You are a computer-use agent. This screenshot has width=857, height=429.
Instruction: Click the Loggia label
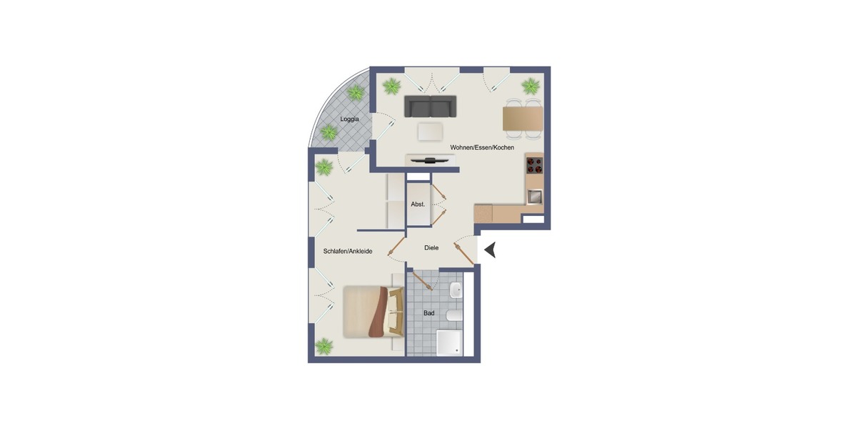[349, 119]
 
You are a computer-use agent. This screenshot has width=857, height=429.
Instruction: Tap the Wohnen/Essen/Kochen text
[482, 147]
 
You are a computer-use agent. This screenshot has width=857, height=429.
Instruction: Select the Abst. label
[418, 204]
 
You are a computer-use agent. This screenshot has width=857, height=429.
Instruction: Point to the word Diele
[431, 247]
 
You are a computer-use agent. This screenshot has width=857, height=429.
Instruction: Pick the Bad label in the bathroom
[428, 313]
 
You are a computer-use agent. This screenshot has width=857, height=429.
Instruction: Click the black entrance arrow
[491, 250]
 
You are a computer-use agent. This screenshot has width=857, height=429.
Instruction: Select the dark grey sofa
[430, 106]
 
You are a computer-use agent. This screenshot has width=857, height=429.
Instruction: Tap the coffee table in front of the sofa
[430, 132]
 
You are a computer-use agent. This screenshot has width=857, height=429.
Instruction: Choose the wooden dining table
[522, 118]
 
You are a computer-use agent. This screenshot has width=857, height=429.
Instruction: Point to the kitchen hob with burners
[534, 166]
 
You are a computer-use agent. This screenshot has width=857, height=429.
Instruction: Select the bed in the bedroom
[373, 311]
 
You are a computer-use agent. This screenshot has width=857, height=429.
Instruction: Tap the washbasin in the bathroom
[456, 290]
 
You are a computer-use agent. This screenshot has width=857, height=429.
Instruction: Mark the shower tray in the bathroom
[450, 342]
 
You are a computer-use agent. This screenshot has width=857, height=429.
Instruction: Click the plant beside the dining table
[530, 87]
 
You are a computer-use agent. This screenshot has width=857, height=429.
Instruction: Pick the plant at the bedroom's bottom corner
[324, 347]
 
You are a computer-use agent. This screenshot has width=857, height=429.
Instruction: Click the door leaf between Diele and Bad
[424, 280]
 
